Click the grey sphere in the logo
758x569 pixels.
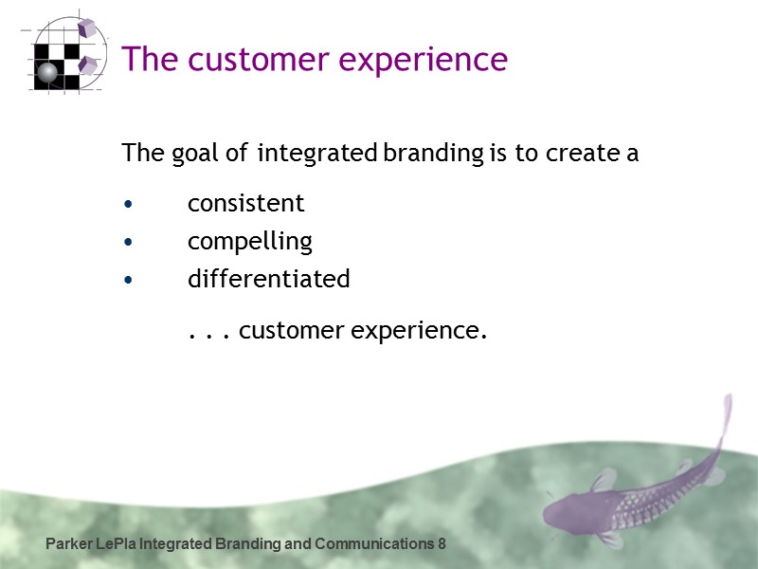(46, 73)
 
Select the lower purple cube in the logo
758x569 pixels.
(88, 64)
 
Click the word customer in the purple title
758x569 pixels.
(244, 60)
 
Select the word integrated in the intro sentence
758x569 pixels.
(316, 153)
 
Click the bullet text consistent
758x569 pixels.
(245, 203)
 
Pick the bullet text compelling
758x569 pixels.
(249, 242)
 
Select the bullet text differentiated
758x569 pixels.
(268, 279)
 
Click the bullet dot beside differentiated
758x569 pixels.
(128, 281)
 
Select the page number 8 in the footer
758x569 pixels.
(442, 544)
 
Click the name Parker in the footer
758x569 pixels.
(68, 544)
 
